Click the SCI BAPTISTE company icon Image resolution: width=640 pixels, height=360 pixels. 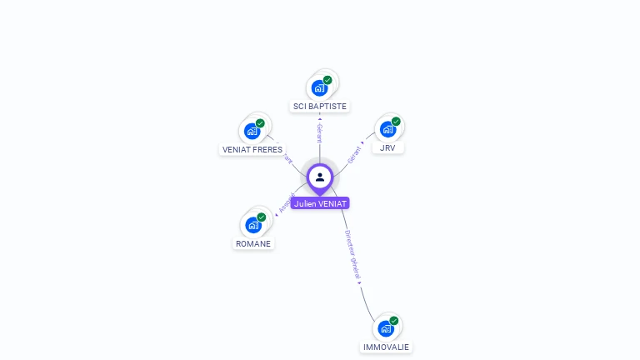(319, 87)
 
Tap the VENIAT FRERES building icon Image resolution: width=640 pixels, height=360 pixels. (252, 131)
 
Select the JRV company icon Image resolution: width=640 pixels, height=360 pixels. (387, 129)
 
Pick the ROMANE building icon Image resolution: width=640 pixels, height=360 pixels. (252, 225)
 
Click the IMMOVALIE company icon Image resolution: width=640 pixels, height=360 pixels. (385, 328)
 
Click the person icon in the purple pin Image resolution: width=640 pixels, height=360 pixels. (320, 177)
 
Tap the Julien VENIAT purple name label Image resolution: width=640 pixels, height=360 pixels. (320, 203)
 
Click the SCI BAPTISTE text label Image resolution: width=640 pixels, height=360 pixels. (320, 107)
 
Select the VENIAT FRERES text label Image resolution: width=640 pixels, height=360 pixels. (252, 150)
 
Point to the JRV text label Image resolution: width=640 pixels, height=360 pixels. (387, 148)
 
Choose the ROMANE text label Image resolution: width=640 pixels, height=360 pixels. (253, 244)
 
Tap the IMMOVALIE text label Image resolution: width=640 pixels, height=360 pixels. (386, 347)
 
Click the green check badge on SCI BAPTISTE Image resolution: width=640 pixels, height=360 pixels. (327, 80)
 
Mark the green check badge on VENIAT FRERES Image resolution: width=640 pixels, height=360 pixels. (260, 123)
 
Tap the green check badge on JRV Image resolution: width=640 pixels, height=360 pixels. (396, 122)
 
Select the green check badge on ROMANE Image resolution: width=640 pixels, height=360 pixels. (261, 217)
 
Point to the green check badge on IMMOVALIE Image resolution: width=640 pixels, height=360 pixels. (393, 321)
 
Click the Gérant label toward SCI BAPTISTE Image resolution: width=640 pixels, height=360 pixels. (319, 133)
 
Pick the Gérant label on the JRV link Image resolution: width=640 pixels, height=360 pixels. (355, 154)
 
